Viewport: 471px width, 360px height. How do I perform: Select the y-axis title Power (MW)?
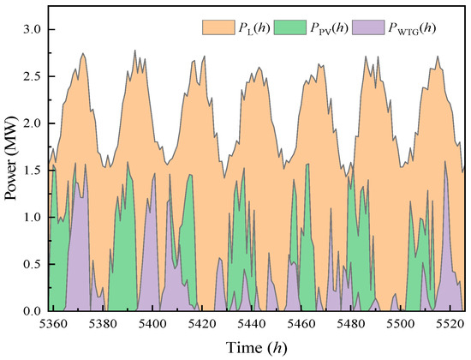coord(12,166)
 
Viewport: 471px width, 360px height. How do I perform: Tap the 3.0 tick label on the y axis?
coord(33,30)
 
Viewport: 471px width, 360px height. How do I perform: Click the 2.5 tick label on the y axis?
coord(33,77)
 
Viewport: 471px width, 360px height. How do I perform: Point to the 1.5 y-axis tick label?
coord(33,171)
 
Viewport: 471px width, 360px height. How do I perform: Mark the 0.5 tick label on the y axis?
coord(33,264)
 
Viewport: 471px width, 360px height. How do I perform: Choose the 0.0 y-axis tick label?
coord(33,310)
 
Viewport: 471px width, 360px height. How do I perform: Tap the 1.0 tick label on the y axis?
coord(33,217)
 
